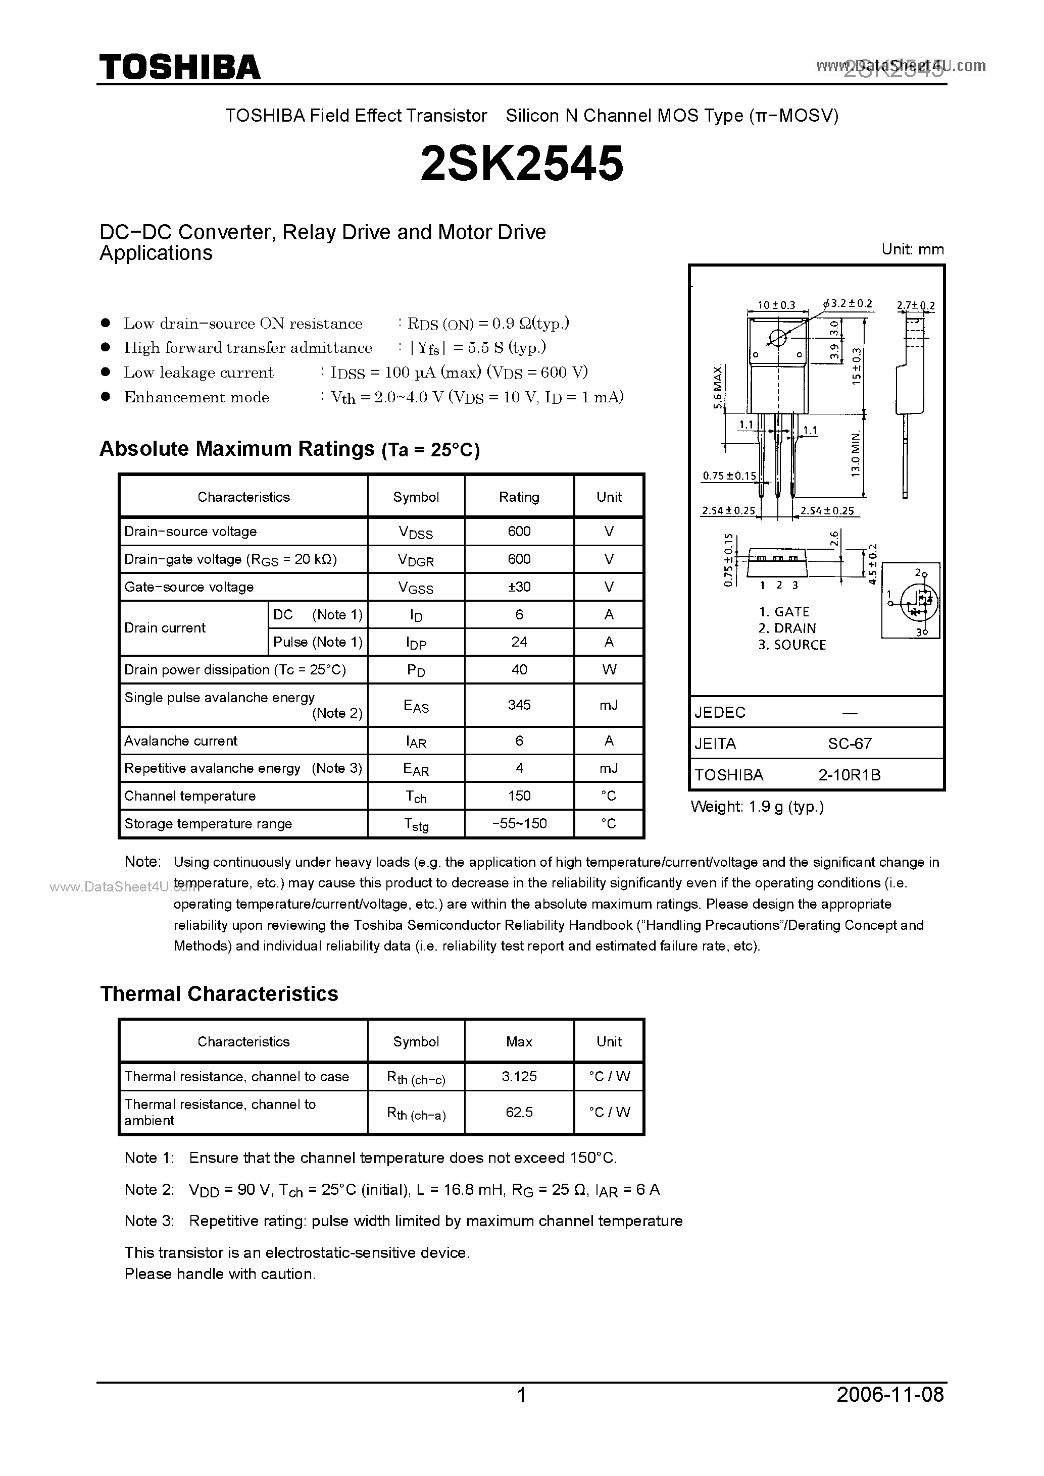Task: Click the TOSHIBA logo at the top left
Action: (179, 67)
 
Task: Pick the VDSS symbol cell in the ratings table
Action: (416, 532)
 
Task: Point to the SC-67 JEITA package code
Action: (849, 744)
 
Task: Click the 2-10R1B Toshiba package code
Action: (849, 775)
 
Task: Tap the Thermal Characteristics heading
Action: (219, 994)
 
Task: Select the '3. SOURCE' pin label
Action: (792, 645)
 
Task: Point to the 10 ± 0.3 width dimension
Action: (776, 305)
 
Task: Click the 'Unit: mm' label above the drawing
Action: (913, 249)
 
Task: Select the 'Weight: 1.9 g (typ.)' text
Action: (757, 807)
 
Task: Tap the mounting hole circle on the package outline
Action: (778, 338)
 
